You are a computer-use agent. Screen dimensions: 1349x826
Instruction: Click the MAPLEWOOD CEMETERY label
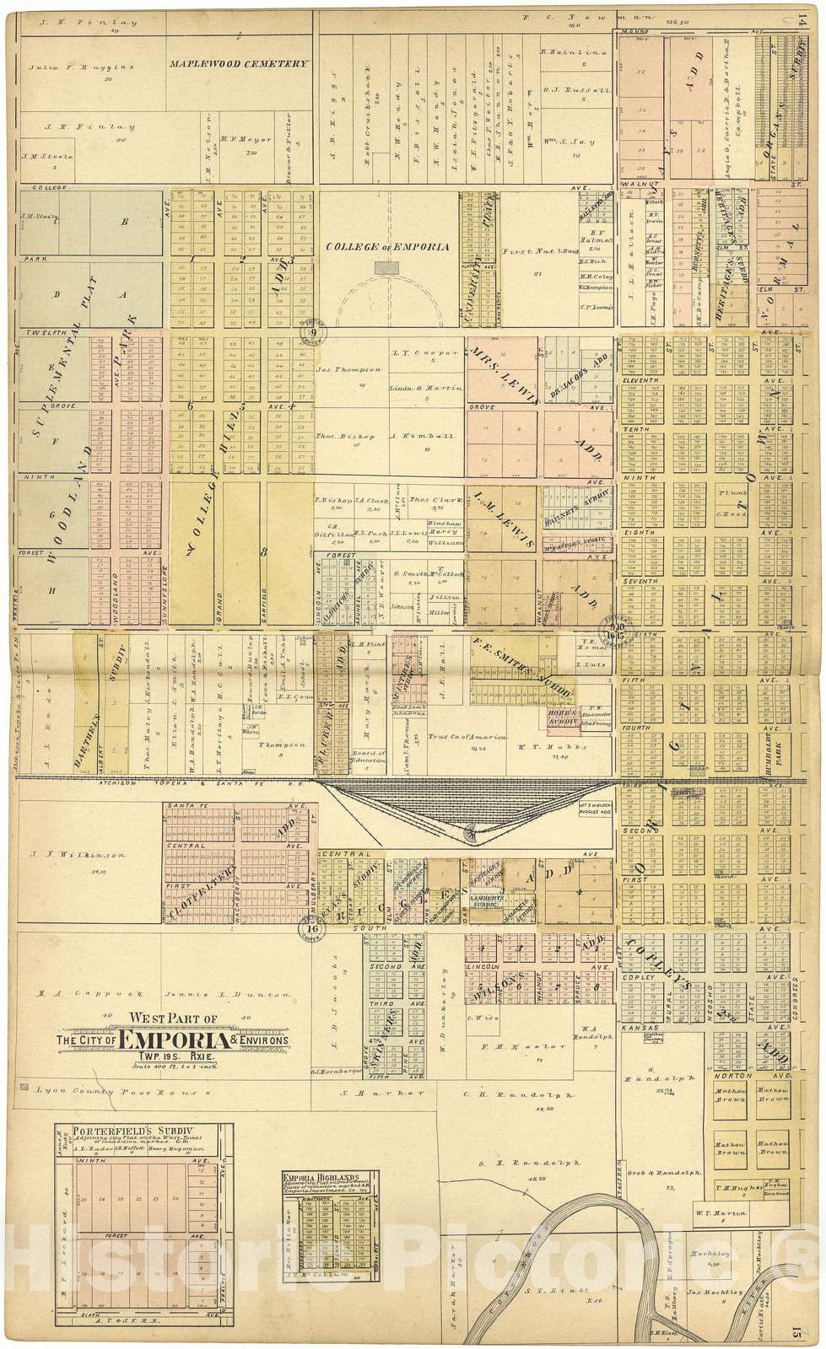tap(237, 63)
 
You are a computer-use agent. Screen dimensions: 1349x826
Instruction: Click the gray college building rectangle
tap(387, 267)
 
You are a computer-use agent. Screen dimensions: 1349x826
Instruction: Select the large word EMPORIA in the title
tap(174, 1040)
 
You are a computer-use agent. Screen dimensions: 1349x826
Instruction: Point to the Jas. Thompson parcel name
tap(341, 368)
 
